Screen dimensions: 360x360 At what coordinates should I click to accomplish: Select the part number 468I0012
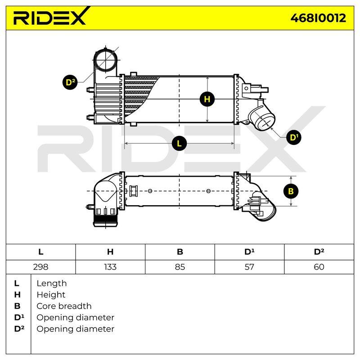pos(318,18)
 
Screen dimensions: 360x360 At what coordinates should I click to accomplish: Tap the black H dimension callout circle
pos(207,99)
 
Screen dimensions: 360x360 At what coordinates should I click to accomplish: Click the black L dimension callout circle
pos(179,144)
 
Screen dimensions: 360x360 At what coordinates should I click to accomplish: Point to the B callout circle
pos(291,191)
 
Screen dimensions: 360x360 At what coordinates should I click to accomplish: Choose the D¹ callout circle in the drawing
pos(294,137)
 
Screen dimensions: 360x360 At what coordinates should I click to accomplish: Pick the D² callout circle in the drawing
pos(70,82)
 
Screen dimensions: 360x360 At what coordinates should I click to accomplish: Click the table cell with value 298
pos(40,267)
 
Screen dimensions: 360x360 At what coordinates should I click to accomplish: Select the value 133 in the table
pos(110,267)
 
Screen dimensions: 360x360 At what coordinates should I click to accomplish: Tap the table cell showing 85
pos(180,267)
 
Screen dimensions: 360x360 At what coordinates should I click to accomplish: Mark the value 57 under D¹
pos(249,267)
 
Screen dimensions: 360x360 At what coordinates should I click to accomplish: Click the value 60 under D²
pos(319,267)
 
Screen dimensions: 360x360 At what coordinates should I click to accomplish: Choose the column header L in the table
pos(40,252)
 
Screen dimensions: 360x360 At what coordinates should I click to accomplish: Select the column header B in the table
pos(180,252)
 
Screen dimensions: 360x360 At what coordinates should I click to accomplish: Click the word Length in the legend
pos(52,283)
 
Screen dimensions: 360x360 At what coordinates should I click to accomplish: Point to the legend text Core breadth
pos(64,306)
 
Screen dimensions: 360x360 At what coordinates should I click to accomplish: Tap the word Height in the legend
pos(51,295)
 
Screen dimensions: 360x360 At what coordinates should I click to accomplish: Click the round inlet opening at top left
pos(106,61)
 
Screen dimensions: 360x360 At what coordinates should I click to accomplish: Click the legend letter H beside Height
pos(18,295)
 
